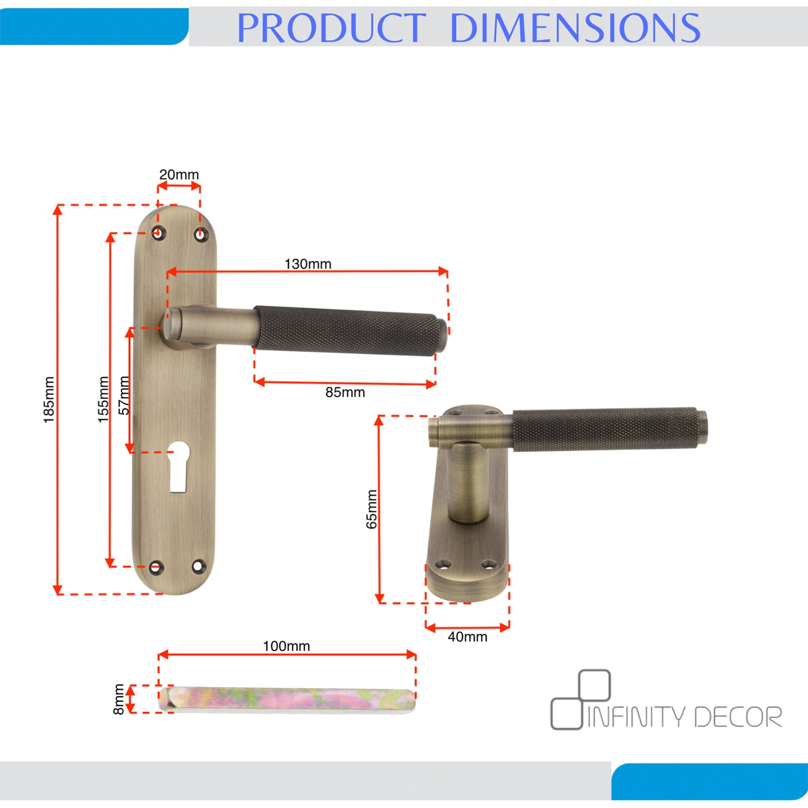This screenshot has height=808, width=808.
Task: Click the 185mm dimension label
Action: [x=49, y=400]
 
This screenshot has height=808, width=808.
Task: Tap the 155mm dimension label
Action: [x=103, y=399]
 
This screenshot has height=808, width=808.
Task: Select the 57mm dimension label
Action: [x=124, y=395]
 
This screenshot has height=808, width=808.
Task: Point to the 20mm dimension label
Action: [x=179, y=174]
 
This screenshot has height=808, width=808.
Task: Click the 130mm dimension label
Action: [x=308, y=264]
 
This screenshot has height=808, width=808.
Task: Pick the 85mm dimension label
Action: [x=345, y=392]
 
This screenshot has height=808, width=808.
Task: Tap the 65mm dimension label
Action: [x=371, y=509]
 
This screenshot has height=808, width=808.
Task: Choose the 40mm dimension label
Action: [x=467, y=636]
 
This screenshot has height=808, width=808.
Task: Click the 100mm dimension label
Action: [x=286, y=646]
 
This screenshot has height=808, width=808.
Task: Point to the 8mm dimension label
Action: [x=119, y=699]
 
